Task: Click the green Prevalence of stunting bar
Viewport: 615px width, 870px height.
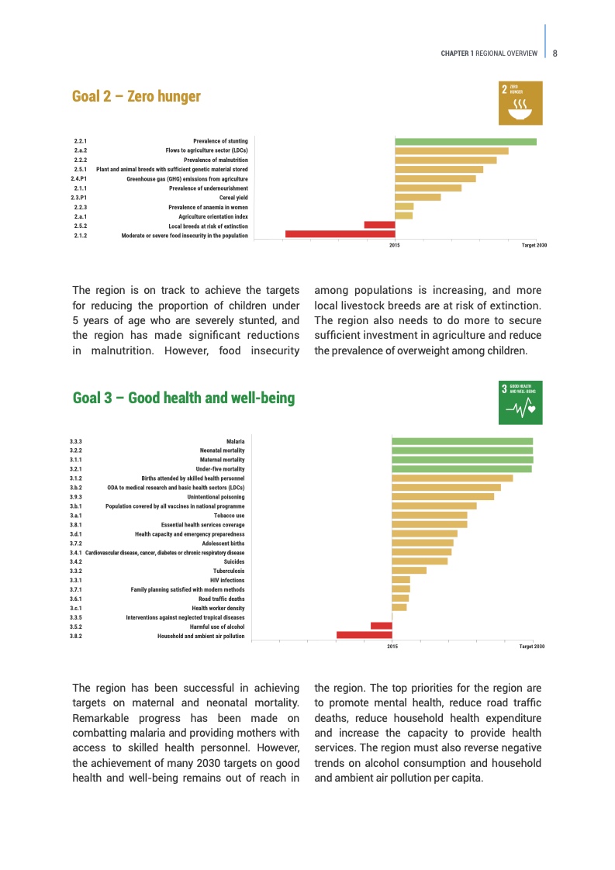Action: pyautogui.click(x=465, y=141)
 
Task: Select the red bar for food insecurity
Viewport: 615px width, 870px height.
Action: pyautogui.click(x=340, y=234)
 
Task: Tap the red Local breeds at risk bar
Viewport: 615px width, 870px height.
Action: pyautogui.click(x=379, y=225)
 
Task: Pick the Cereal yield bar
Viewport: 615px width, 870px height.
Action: pyautogui.click(x=417, y=197)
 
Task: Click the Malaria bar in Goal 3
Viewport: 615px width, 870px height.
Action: pyautogui.click(x=462, y=441)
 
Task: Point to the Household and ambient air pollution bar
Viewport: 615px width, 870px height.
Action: pyautogui.click(x=364, y=635)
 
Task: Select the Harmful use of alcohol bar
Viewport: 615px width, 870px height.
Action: pyautogui.click(x=381, y=626)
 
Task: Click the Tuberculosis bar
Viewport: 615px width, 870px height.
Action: pyautogui.click(x=409, y=571)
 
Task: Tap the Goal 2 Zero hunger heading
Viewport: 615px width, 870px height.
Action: pyautogui.click(x=136, y=96)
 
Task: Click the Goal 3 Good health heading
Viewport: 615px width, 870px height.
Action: pyautogui.click(x=183, y=398)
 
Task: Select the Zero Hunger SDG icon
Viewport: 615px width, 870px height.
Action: pyautogui.click(x=520, y=101)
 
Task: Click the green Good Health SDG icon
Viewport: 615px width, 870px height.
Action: pyautogui.click(x=520, y=402)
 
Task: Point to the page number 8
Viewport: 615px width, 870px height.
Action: pyautogui.click(x=556, y=54)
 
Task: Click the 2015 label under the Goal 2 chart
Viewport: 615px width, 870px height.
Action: pyautogui.click(x=394, y=245)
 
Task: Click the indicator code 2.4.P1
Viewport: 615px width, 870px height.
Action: pyautogui.click(x=78, y=178)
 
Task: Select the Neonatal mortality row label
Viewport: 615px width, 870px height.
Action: pyautogui.click(x=222, y=451)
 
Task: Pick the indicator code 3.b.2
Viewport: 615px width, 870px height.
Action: pyautogui.click(x=76, y=488)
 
